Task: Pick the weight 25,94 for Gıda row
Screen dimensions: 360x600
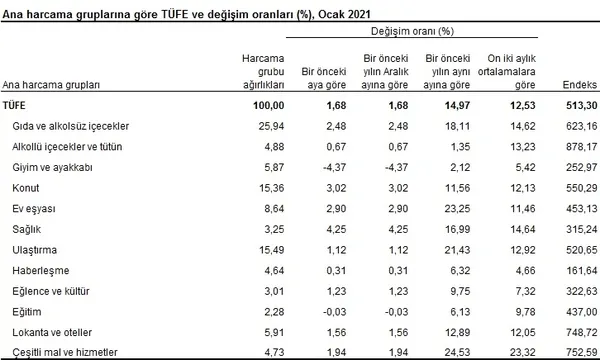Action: click(x=273, y=127)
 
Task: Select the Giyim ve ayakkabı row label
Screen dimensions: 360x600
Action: click(x=54, y=168)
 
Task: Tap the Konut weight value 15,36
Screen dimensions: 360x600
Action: click(x=273, y=188)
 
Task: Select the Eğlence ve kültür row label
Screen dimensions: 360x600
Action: click(x=54, y=291)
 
